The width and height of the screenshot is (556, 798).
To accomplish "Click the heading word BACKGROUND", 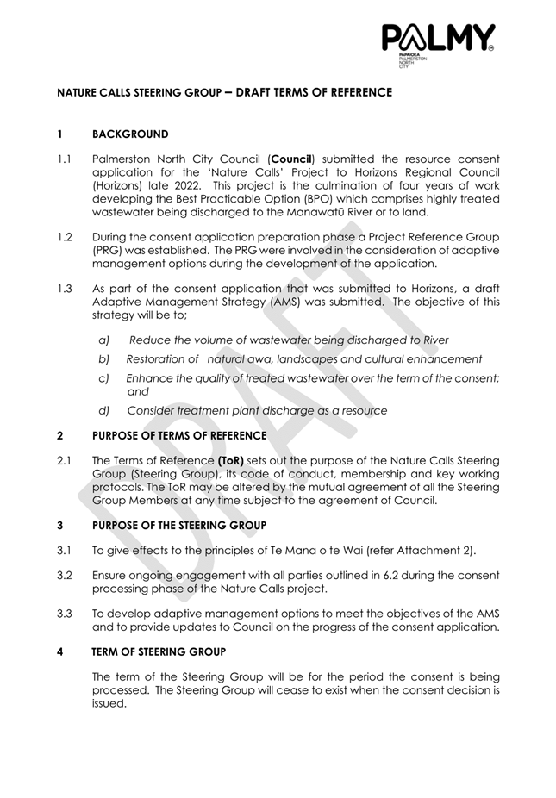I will coord(130,134).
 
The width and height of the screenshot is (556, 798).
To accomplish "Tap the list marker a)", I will coord(104,340).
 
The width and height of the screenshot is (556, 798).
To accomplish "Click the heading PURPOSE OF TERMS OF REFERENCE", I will coord(179,436).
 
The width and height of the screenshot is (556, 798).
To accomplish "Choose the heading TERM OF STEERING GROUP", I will coord(159,652).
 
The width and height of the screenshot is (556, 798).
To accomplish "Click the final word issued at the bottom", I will coord(109,702).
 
